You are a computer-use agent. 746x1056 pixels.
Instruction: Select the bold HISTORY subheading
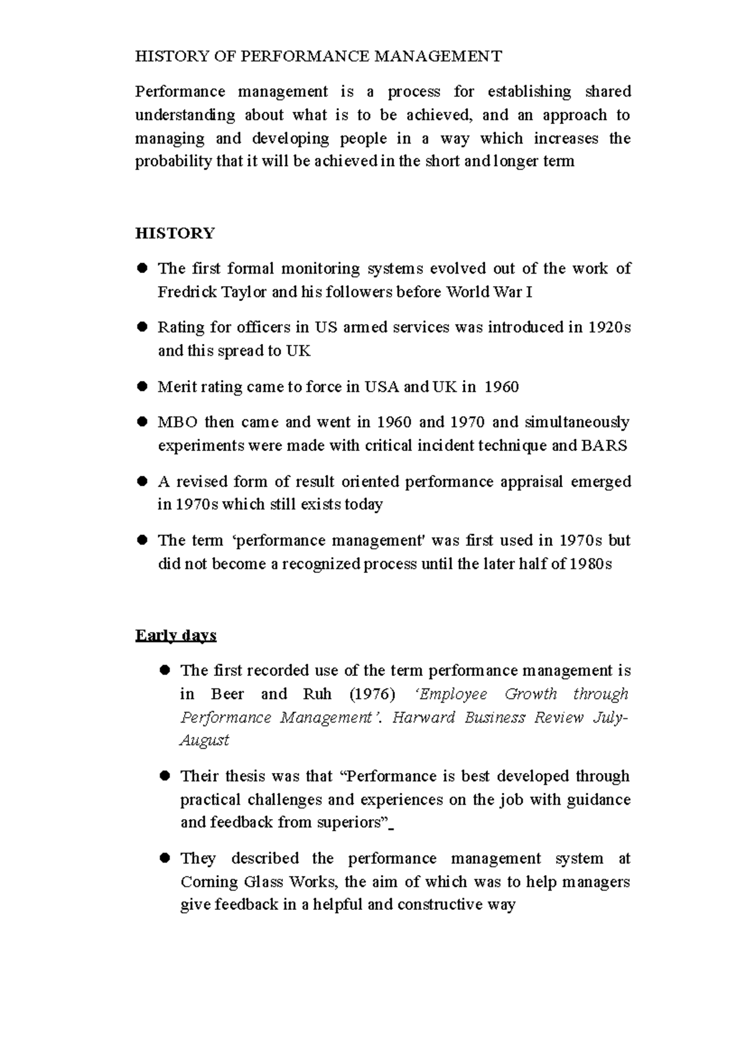pos(175,233)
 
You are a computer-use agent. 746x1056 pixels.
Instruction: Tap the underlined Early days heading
pos(176,636)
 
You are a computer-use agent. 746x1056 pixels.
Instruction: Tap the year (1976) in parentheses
pos(372,694)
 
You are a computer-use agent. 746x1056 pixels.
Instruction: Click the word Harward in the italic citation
pos(424,718)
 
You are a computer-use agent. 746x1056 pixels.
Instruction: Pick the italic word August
pos(205,741)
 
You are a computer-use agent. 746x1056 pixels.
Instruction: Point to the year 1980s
pos(591,565)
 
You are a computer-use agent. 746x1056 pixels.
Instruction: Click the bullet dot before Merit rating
pos(142,387)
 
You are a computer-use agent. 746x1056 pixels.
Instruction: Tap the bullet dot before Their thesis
pos(165,776)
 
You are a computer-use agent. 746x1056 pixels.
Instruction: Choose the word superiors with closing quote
pos(353,823)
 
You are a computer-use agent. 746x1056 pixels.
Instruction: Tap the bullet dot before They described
pos(165,858)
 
